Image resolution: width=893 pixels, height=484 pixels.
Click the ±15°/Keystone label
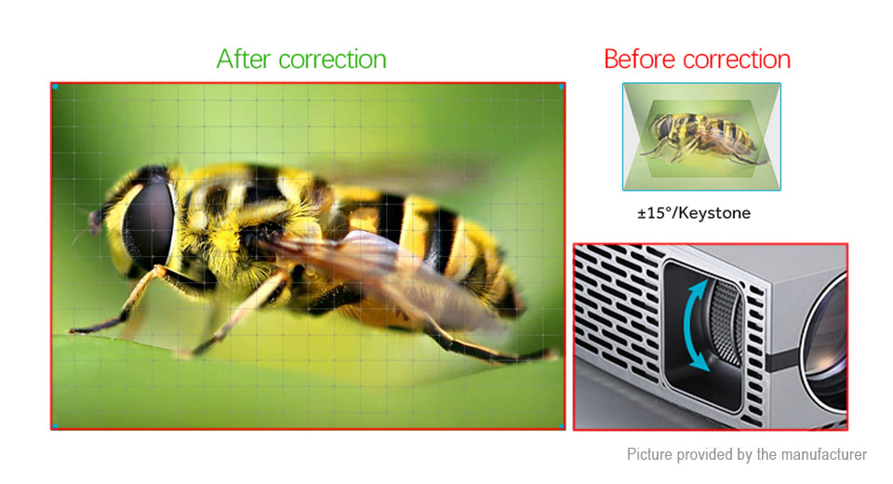click(x=694, y=213)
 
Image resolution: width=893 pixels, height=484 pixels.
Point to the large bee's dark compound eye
click(x=149, y=222)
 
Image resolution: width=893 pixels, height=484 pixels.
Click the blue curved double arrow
click(x=696, y=327)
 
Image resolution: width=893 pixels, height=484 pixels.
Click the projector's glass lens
click(x=826, y=341)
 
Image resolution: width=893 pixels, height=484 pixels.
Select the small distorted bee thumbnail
click(x=701, y=137)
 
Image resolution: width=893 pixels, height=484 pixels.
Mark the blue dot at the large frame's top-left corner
click(x=55, y=87)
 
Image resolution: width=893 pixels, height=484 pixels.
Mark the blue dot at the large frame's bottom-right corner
click(x=562, y=426)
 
